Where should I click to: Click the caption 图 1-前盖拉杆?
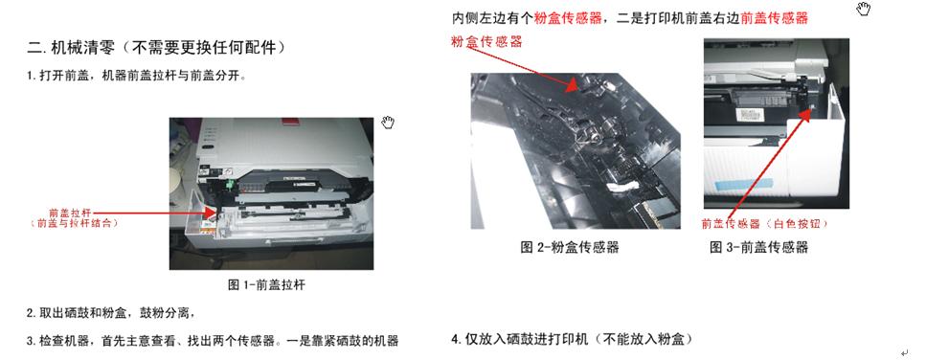point(266,284)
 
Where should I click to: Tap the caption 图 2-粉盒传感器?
point(569,247)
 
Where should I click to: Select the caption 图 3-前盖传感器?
point(758,247)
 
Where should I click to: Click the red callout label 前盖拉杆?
point(69,213)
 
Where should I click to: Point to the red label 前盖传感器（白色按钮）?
point(763,223)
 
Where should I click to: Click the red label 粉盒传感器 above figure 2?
point(487,42)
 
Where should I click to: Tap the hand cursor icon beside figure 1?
point(387,122)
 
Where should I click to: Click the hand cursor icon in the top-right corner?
point(864,10)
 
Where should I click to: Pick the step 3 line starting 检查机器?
point(213,340)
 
